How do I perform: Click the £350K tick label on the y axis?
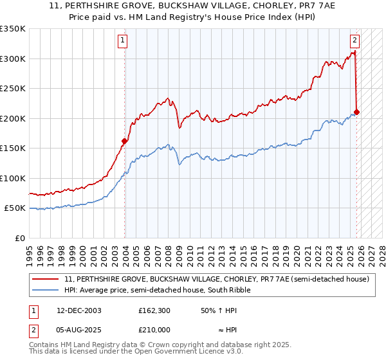tap(13, 29)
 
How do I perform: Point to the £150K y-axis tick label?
tap(13, 148)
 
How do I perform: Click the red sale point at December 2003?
tap(125, 141)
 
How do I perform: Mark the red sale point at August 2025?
tap(357, 113)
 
